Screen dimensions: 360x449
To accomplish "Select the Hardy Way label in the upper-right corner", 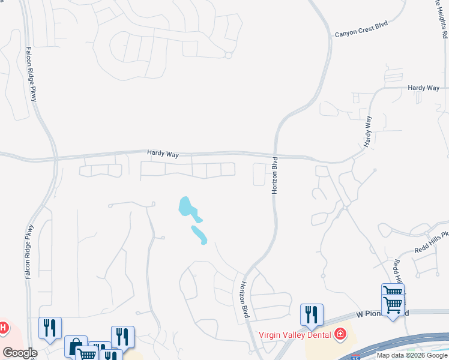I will coord(423,88).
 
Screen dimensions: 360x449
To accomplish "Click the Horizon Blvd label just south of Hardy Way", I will coord(275,175).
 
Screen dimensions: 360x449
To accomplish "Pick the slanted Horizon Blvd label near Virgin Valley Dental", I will coord(244,300).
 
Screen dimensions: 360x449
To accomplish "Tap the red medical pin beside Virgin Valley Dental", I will coord(340,333).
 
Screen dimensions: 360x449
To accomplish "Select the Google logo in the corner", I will coord(20,353).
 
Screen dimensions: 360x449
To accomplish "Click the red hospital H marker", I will coord(3,328).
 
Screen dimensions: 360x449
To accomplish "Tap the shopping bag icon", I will coord(76,346).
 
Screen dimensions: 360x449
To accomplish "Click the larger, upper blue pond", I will coord(187,207).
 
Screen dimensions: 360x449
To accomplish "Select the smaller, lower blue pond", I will coord(199,235).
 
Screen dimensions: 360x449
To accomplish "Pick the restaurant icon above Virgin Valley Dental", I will coord(312,314).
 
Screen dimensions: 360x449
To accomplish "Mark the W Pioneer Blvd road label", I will coord(382,313).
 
